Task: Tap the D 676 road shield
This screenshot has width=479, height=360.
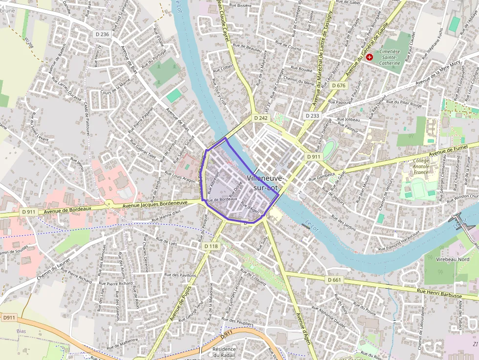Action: (x=338, y=85)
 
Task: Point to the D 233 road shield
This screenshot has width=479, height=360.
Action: (x=312, y=116)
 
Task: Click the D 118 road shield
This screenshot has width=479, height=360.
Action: (x=211, y=246)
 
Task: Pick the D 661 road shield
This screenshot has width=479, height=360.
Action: (x=335, y=280)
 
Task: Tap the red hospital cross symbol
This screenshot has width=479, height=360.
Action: (x=369, y=57)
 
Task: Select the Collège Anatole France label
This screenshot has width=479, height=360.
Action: (x=421, y=166)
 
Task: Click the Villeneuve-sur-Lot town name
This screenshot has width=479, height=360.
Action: (x=265, y=183)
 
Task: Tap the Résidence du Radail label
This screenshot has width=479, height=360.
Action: (x=224, y=352)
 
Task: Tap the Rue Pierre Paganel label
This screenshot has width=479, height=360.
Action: (x=141, y=120)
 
